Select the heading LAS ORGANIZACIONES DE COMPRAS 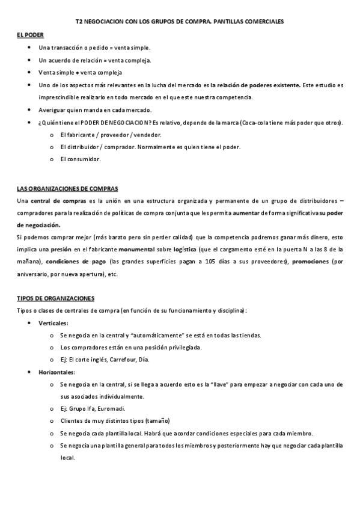click(x=67, y=188)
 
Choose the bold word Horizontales click(x=56, y=372)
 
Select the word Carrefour click(x=130, y=360)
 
